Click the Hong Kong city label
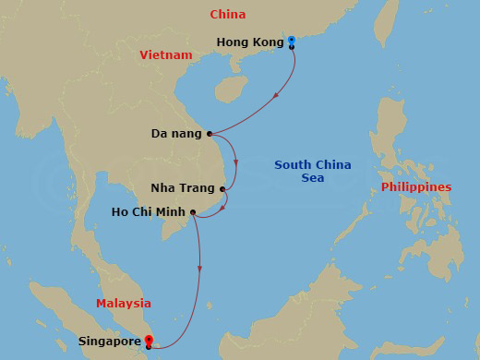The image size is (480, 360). [249, 42]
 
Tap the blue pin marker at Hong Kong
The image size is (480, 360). [291, 41]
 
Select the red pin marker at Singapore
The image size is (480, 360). [149, 341]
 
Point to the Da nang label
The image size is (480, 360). [176, 134]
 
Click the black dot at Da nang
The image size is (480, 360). [210, 134]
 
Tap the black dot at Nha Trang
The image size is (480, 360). [222, 189]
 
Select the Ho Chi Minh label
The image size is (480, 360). [148, 212]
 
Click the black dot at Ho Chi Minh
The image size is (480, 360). [192, 212]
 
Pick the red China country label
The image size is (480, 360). [227, 14]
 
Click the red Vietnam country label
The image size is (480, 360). [166, 55]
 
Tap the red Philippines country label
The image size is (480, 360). [415, 187]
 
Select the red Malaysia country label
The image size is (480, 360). [124, 303]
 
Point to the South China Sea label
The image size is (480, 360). [312, 172]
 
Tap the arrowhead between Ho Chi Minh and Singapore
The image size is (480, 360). [199, 269]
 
